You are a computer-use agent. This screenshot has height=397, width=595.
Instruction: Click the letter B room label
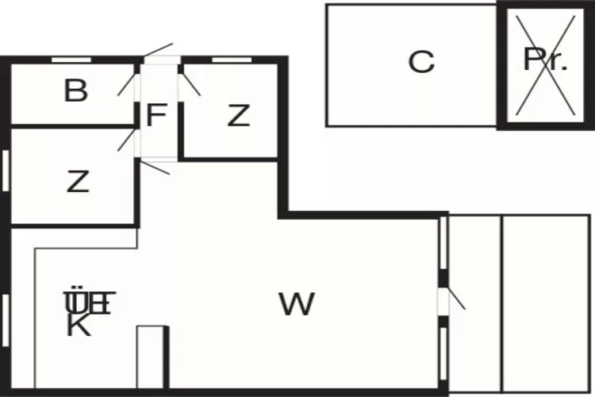click(x=75, y=91)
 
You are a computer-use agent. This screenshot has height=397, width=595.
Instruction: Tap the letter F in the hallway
click(x=156, y=116)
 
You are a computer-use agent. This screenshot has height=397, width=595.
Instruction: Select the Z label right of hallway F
click(x=238, y=116)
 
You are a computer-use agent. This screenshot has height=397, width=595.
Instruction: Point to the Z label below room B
click(x=78, y=183)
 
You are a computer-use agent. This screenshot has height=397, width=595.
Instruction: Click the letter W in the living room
click(x=297, y=303)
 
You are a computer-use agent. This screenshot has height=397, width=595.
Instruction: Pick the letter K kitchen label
click(x=78, y=326)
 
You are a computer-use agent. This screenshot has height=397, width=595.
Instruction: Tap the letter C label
click(x=421, y=61)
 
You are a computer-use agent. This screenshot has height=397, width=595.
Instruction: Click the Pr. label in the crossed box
click(x=545, y=61)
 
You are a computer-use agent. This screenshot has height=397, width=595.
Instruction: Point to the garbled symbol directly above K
click(x=90, y=302)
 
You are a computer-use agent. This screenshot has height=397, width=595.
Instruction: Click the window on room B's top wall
click(x=71, y=60)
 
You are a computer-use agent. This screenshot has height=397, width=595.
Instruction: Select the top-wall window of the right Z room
click(x=226, y=60)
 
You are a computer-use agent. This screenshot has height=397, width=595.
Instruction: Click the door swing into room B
click(x=128, y=82)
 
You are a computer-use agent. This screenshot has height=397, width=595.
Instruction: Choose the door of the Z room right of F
click(x=191, y=83)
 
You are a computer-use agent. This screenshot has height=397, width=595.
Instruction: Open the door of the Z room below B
click(x=127, y=139)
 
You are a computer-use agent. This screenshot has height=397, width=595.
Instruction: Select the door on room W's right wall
click(x=453, y=299)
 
